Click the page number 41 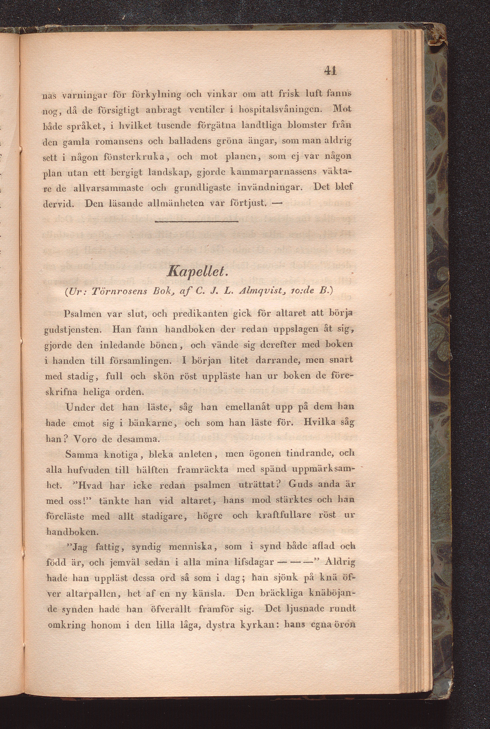coord(330,72)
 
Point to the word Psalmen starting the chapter coord(82,314)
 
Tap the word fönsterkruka coord(136,157)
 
